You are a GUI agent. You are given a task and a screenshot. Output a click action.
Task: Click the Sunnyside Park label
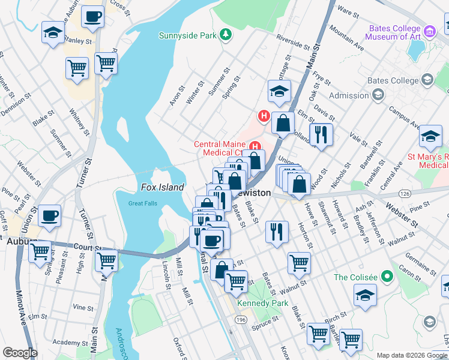(187, 35)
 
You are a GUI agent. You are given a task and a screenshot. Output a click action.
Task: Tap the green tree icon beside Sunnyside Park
(226, 35)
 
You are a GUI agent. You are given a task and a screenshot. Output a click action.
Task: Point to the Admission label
(349, 95)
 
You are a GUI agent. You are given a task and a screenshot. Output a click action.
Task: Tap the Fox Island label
(162, 187)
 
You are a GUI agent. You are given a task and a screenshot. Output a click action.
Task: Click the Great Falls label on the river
(143, 203)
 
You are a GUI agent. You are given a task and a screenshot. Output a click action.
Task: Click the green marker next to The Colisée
(387, 277)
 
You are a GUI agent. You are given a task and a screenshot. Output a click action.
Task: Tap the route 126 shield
(404, 194)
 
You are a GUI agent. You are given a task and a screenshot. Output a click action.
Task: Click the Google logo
(20, 353)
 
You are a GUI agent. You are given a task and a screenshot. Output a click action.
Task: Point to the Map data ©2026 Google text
(412, 355)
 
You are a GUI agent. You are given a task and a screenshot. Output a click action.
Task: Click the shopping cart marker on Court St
(106, 259)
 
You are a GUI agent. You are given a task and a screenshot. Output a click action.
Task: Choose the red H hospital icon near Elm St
(262, 115)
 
